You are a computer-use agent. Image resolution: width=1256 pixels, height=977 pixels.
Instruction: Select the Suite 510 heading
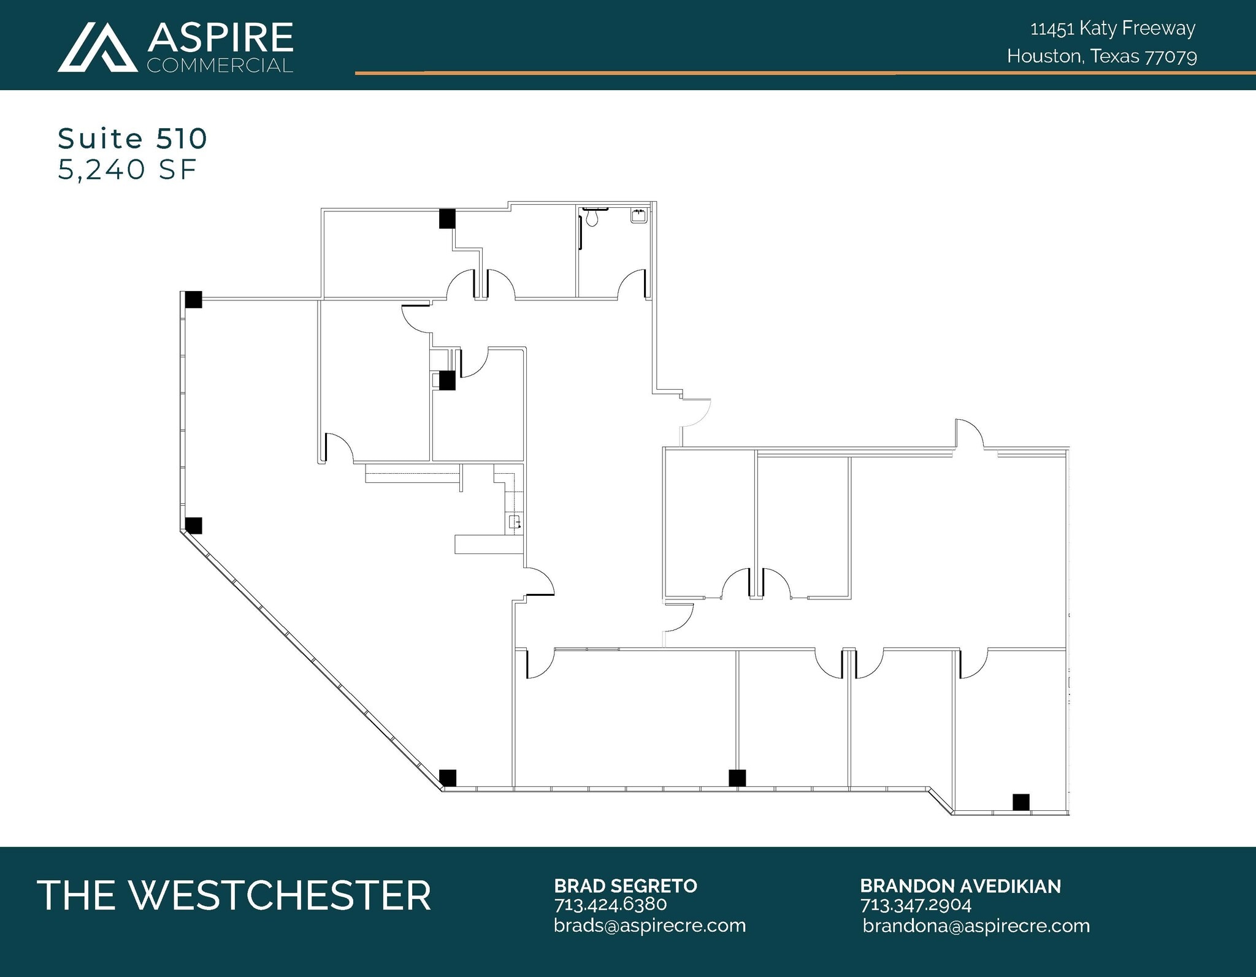(132, 139)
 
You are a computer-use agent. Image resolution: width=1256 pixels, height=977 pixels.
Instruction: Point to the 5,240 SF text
(127, 170)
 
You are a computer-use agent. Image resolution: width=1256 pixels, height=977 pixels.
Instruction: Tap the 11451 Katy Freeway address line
(1112, 29)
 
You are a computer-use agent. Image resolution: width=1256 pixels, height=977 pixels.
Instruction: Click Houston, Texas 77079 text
(1101, 56)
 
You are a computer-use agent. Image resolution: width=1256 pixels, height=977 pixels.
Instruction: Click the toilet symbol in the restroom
(592, 216)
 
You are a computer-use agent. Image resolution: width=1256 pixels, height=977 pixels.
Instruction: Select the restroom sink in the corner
(638, 216)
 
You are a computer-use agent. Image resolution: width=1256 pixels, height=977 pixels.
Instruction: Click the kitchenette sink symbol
(515, 522)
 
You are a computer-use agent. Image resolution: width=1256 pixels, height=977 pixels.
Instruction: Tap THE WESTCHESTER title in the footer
(234, 895)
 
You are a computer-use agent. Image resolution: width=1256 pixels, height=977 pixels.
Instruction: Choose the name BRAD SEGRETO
(626, 886)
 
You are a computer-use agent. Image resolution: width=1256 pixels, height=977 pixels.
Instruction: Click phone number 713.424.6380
(610, 904)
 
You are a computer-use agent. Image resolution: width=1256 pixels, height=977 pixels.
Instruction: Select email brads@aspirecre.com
(649, 925)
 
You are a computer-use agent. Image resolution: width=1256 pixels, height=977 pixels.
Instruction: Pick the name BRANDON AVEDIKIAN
(960, 886)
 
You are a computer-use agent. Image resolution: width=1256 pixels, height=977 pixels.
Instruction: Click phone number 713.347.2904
(916, 905)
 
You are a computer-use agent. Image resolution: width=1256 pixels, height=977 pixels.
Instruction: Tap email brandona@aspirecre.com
(976, 926)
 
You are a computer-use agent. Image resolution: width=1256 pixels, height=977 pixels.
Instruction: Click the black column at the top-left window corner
(193, 300)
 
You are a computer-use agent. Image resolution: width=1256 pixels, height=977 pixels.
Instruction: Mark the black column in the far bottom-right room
(1020, 802)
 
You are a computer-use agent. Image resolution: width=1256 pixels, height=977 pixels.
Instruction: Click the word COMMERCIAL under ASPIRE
(220, 66)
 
